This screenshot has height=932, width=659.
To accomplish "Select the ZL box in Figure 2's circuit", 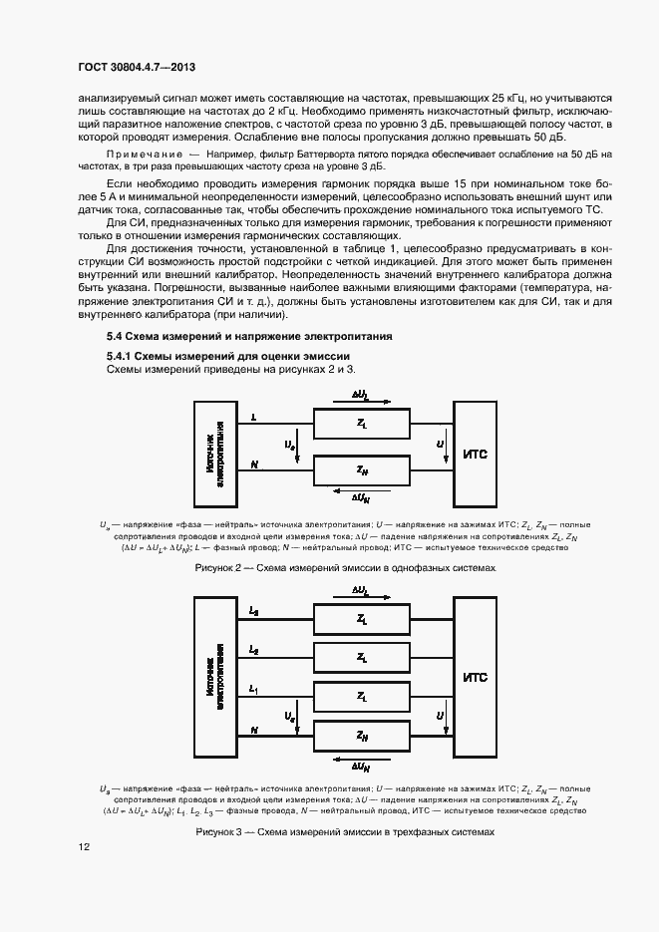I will (x=360, y=424).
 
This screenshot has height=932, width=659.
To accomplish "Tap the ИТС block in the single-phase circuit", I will (x=476, y=455).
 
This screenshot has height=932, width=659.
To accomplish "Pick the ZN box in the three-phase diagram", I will (x=360, y=735).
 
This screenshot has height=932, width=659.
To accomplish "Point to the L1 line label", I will (x=253, y=689).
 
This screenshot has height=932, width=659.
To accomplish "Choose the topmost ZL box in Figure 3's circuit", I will (x=360, y=618).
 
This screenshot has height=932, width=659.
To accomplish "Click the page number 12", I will (x=85, y=847).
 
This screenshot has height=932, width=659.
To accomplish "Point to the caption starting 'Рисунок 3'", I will (x=345, y=830).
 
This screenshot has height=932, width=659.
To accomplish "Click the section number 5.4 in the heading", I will (x=115, y=336).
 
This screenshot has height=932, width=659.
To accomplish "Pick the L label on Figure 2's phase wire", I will (x=253, y=418).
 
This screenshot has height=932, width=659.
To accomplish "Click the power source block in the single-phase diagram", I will (x=213, y=455).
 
